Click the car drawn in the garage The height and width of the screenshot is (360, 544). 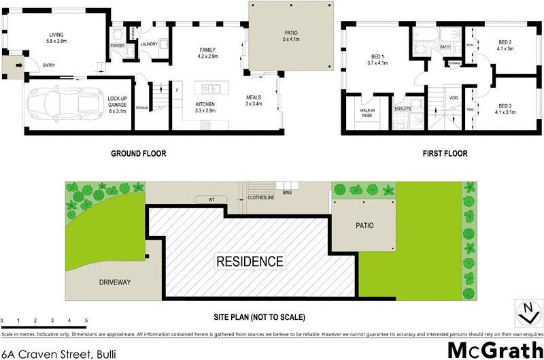[63, 105]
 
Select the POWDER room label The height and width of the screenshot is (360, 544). [117, 46]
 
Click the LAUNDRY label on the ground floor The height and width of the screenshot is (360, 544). [149, 45]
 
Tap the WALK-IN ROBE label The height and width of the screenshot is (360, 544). [367, 112]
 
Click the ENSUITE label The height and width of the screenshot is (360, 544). [403, 108]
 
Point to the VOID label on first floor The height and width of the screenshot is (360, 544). [452, 98]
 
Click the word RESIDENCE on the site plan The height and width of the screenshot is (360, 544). [250, 261]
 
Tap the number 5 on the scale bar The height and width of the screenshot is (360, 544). [86, 320]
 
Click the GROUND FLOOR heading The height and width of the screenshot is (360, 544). [138, 154]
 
